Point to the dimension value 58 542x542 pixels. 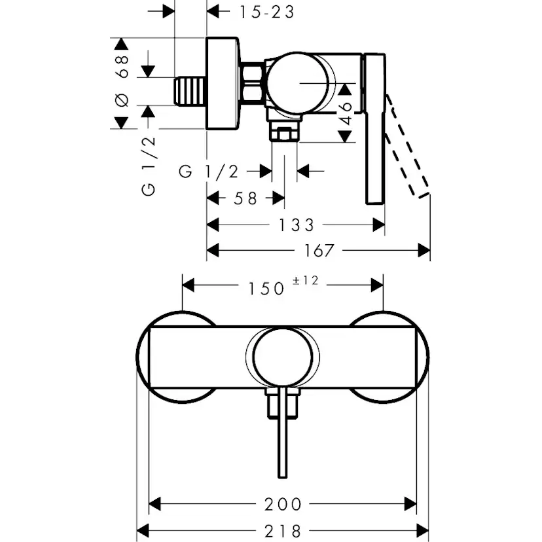245,198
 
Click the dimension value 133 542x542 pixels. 295,225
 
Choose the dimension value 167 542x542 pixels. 318,250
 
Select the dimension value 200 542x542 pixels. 283,504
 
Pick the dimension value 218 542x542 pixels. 283,530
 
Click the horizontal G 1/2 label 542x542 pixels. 209,172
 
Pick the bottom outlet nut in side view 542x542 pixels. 284,133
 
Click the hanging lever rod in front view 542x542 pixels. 283,439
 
